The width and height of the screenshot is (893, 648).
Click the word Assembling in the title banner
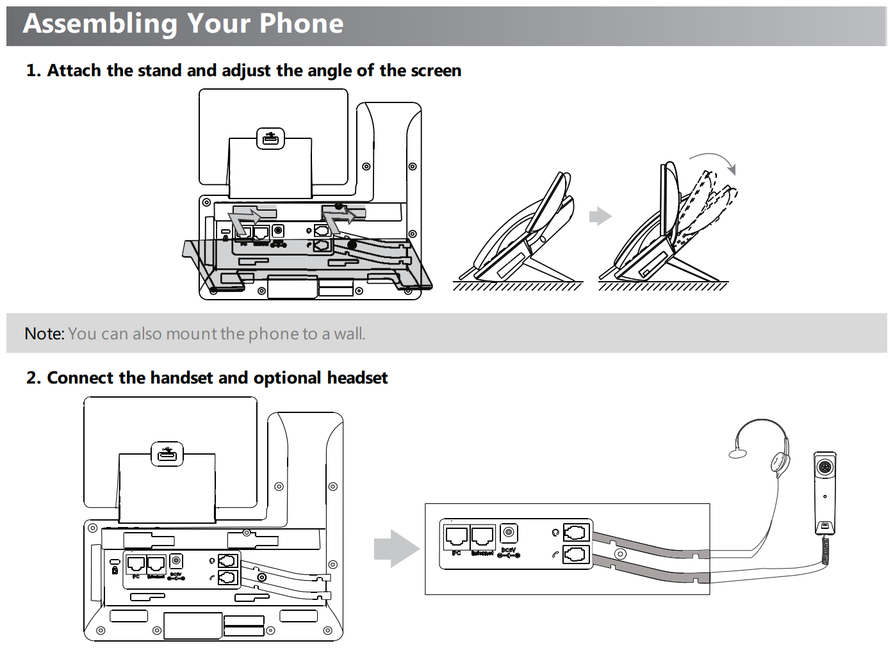point(100,24)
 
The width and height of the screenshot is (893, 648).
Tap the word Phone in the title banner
point(301,24)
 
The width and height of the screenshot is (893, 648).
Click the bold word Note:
point(44,334)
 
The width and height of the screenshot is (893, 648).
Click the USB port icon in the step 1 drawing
point(270,138)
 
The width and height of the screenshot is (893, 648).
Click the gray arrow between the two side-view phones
point(600,216)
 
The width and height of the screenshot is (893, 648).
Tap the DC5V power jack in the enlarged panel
point(509,533)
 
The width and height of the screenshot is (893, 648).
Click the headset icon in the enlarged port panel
point(555,532)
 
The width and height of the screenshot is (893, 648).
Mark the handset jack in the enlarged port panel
point(575,554)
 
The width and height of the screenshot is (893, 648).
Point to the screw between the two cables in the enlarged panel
point(619,554)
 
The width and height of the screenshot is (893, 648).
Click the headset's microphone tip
point(738,453)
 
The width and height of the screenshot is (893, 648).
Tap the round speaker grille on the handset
point(825,467)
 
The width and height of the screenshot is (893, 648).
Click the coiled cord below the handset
point(826,550)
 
